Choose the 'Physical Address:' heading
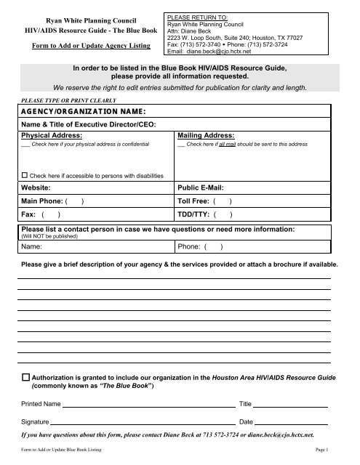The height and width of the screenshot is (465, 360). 51,135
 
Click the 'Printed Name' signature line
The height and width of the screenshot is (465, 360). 149,403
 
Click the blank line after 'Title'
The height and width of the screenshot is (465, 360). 290,403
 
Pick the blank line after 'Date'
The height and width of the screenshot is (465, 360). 291,421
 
